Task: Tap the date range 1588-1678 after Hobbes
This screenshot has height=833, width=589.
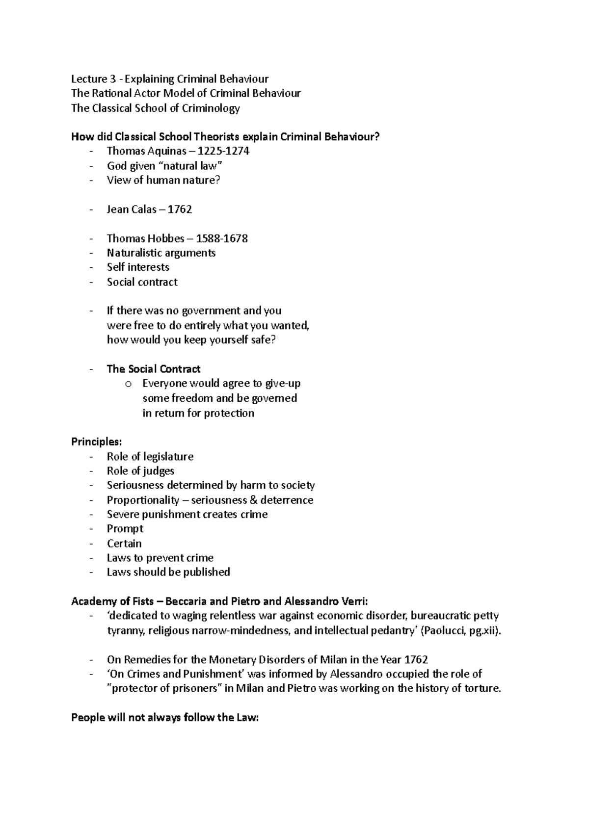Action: [221, 239]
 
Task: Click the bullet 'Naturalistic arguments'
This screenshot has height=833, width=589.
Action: [161, 253]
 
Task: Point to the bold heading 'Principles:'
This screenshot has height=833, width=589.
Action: [93, 442]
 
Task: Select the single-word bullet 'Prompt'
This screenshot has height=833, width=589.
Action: [125, 529]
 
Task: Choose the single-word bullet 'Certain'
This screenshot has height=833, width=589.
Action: [124, 544]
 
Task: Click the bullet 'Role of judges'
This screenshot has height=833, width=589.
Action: [140, 471]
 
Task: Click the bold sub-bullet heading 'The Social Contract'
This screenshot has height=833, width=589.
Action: [154, 369]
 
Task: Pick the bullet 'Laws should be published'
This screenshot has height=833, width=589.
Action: [168, 572]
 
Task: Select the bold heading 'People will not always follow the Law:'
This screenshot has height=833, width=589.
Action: [164, 718]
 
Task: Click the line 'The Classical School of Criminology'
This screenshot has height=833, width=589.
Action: [155, 108]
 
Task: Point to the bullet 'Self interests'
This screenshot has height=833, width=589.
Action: [138, 267]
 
